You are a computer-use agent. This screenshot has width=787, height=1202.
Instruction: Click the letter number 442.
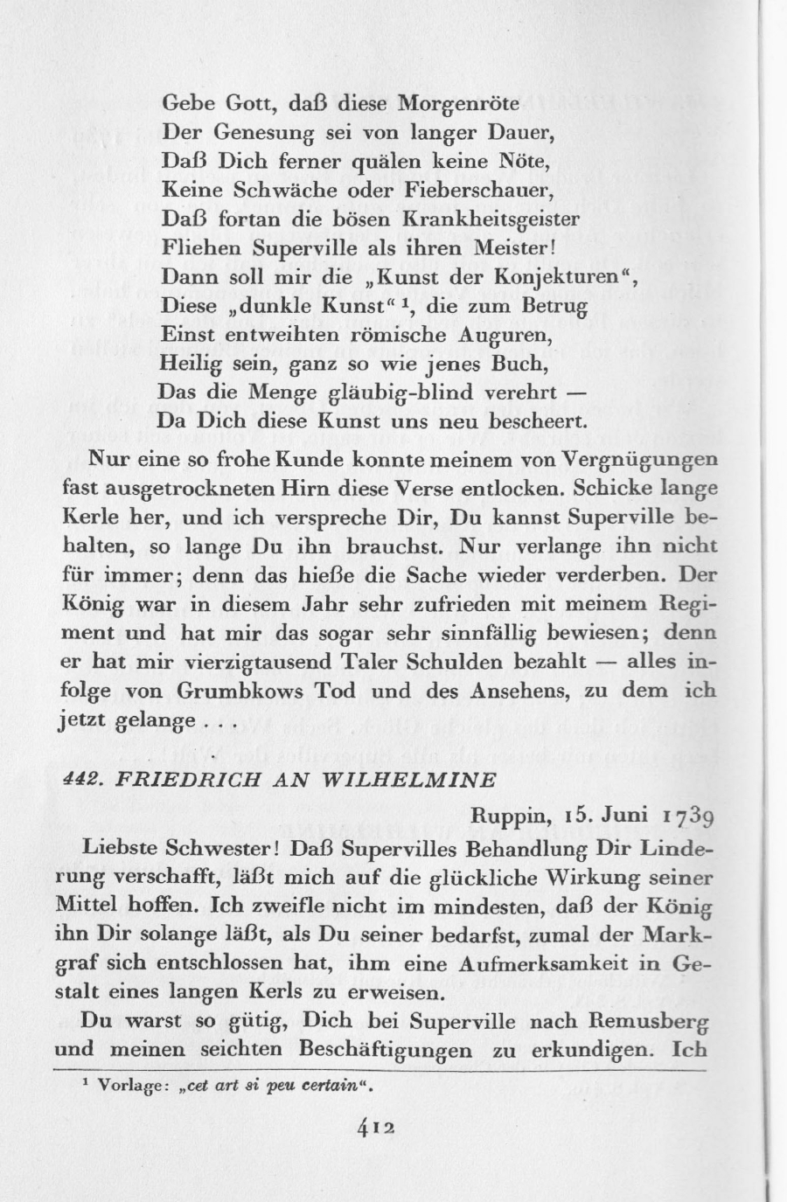coord(81,779)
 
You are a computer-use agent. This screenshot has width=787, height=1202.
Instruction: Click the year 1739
coord(689,818)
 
